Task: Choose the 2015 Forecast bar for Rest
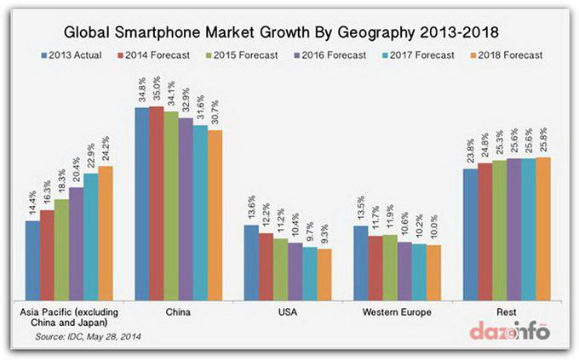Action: tap(499, 229)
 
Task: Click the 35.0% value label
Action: tap(156, 91)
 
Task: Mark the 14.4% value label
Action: tap(33, 205)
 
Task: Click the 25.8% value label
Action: tap(542, 141)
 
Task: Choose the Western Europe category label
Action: tap(397, 311)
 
